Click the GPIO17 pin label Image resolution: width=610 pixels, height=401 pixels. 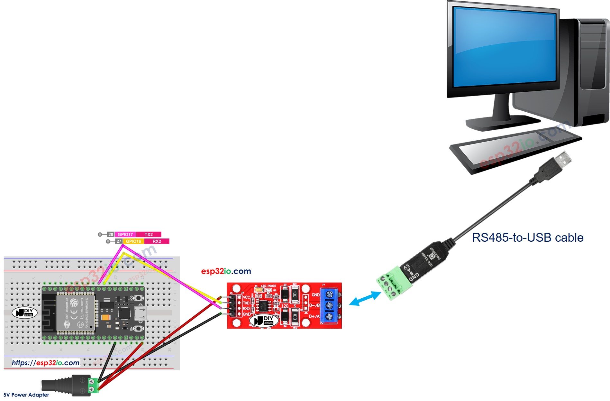coord(125,234)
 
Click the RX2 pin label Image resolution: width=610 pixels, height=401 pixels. coord(157,241)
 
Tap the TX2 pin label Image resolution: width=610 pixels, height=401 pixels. coord(149,234)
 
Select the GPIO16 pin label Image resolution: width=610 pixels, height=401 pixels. coord(133,241)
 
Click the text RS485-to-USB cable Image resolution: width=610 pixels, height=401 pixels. coord(527,238)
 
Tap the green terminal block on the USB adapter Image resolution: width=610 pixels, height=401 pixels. coord(394,283)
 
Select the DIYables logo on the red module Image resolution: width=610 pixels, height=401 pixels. coord(264,320)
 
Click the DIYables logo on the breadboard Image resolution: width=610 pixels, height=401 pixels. coord(24,312)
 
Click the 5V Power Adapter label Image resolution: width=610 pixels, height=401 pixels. coord(26,395)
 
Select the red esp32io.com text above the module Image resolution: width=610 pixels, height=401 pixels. coord(226,271)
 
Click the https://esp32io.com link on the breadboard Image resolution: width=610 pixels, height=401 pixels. coord(46,363)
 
